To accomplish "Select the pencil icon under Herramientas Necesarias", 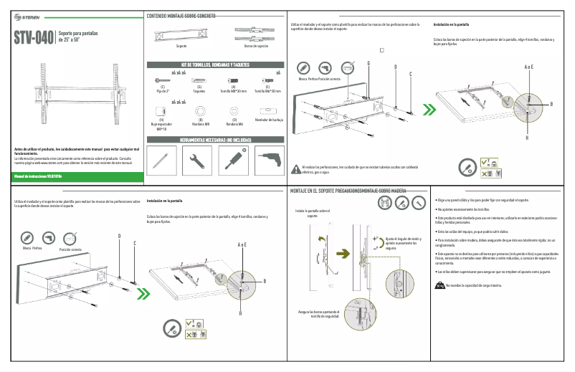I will pos(163,161).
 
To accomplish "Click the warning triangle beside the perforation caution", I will pos(297,168).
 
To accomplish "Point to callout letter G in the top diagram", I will pos(368,63).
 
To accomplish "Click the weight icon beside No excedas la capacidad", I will pos(439,285).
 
